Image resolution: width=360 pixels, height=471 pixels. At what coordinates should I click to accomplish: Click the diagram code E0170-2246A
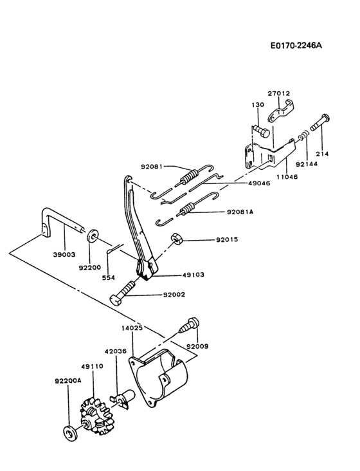296,46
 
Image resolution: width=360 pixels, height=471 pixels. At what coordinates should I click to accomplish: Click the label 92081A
241,211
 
